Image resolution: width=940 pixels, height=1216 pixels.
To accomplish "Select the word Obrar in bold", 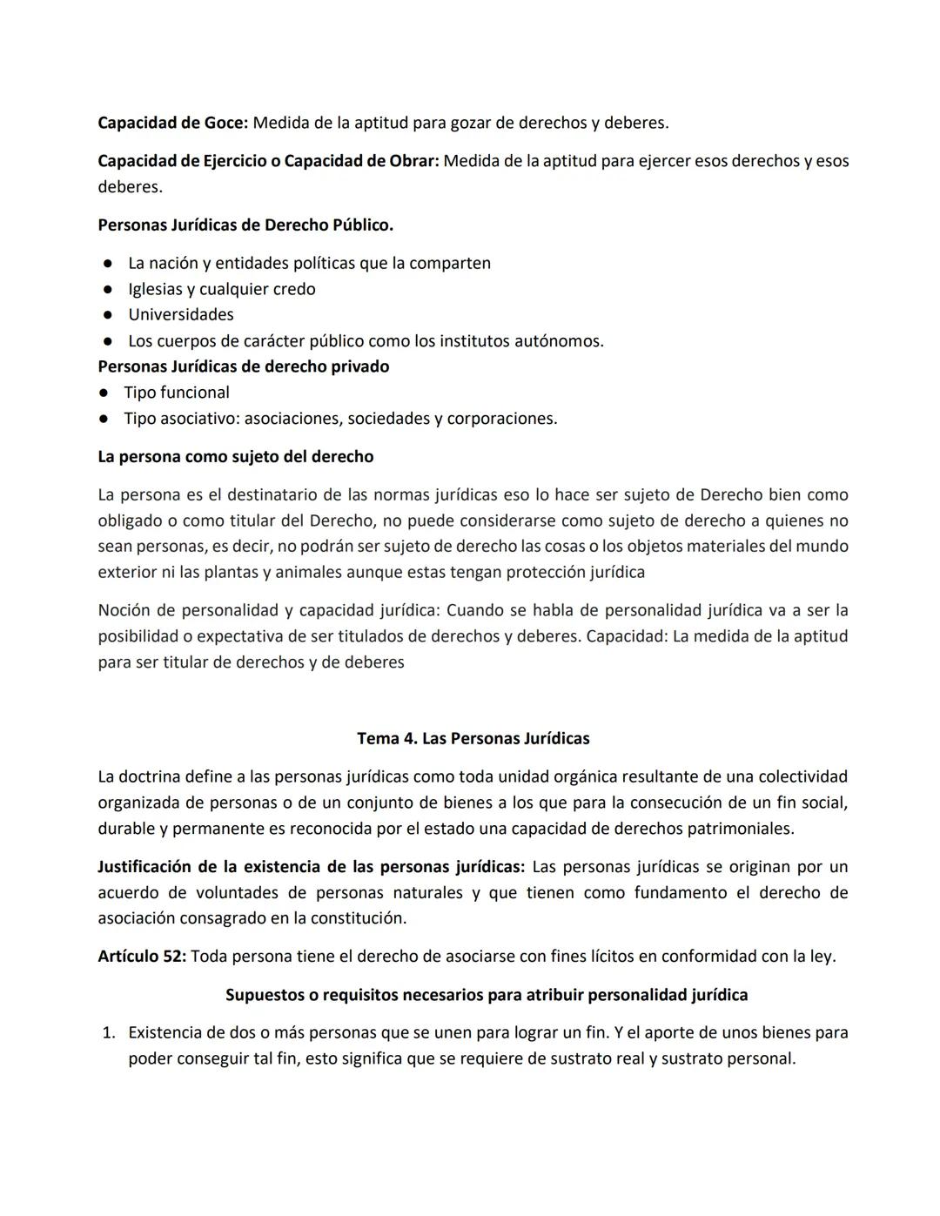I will [x=411, y=161].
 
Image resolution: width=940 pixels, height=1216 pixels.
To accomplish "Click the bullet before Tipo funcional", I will [x=103, y=393].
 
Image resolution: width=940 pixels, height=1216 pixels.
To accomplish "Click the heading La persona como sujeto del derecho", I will [x=235, y=457].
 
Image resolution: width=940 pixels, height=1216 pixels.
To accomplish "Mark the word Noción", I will [x=124, y=610].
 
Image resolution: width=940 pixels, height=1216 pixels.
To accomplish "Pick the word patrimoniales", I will [x=739, y=829].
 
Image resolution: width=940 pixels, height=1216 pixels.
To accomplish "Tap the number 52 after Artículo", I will [x=175, y=957].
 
